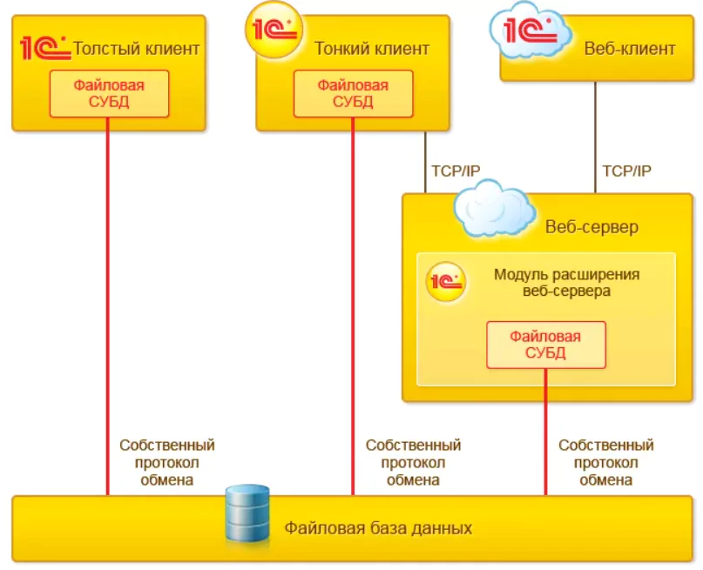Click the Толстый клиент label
pos(136,49)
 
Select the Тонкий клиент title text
pos(372,49)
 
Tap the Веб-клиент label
pos(630,49)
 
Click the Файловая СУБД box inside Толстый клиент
pos(109,94)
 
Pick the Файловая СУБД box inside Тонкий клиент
pos(353,94)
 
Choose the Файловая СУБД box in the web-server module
pos(545,345)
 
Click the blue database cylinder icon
pos(247,513)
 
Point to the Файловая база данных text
pos(378,528)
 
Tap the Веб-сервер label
pos(591,227)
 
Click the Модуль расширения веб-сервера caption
pos(567,283)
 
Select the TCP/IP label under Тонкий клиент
pos(456,171)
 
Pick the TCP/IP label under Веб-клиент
pos(626,171)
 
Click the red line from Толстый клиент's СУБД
pos(108,306)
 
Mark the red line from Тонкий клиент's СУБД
pos(353,306)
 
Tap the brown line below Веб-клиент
pos(595,137)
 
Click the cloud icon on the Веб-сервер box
pos(495,208)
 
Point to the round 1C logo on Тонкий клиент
pos(274,30)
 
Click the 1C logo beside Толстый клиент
pos(44,47)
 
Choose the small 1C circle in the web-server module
pos(446,282)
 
